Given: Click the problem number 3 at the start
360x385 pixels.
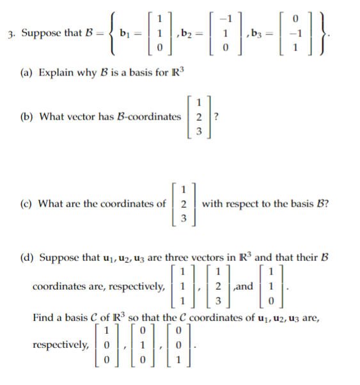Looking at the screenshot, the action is pyautogui.click(x=6, y=33).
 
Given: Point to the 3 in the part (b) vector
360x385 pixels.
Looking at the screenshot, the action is pyautogui.click(x=200, y=134).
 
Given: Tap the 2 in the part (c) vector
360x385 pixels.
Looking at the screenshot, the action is pyautogui.click(x=185, y=204).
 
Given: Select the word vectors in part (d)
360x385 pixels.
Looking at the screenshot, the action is pyautogui.click(x=201, y=258).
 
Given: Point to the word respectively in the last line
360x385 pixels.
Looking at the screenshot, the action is pyautogui.click(x=59, y=346).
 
